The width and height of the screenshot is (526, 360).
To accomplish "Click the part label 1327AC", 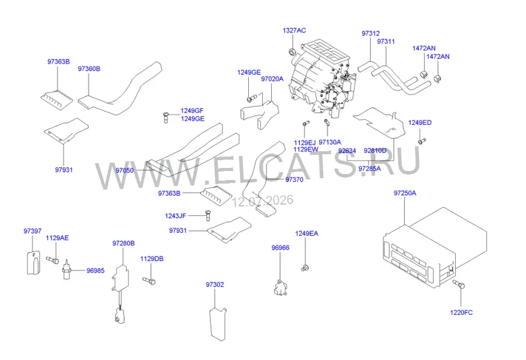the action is coord(294,31).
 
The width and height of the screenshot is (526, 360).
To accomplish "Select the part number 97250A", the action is coord(405,193).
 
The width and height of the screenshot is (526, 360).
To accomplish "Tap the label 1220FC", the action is coord(461,313).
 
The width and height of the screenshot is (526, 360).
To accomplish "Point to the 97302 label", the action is coord(215,284).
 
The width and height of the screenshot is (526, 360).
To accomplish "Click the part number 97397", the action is coord(32,231).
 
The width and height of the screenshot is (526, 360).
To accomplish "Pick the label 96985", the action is coord(95,271).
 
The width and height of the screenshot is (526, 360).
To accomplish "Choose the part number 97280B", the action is coord(124,243).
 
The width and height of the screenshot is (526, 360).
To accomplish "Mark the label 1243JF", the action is coord(175,216).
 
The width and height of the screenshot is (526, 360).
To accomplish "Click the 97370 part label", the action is coord(294,180).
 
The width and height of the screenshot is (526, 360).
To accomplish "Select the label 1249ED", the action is coord(420,123).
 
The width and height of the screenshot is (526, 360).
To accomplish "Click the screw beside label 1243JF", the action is coord(207,216).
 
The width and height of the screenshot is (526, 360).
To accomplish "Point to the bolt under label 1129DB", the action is coord(149,281).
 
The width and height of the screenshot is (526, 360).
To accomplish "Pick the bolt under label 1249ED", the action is coord(422,141).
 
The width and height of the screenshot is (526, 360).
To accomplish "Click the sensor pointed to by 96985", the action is coord(67,269).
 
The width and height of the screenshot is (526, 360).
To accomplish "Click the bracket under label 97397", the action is coord(33,263).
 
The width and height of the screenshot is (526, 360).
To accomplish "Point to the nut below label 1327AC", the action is coord(292,52).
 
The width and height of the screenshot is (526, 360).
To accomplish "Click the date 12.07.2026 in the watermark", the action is coord(263,200).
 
